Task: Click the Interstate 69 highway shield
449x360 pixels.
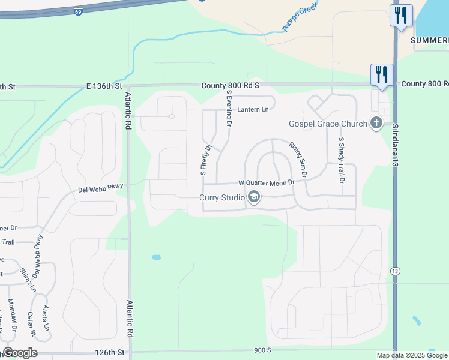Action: (x=79, y=11)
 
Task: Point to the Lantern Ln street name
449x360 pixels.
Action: (x=253, y=109)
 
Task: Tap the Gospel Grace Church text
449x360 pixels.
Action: (x=328, y=124)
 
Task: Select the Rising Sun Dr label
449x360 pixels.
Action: (x=298, y=159)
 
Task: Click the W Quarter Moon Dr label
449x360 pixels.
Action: (x=267, y=182)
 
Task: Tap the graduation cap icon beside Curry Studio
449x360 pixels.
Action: (x=254, y=197)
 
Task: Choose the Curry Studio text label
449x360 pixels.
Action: (x=222, y=197)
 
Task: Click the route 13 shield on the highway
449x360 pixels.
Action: (x=395, y=271)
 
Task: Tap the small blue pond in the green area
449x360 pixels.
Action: (x=157, y=257)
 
